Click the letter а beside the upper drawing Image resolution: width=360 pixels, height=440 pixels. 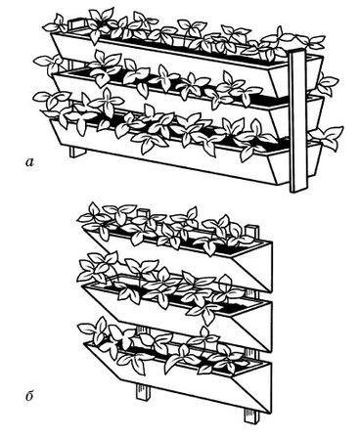30,161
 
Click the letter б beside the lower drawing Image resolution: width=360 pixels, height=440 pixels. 29,397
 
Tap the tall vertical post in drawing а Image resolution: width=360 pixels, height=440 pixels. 298,120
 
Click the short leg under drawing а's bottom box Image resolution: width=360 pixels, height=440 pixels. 77,152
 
